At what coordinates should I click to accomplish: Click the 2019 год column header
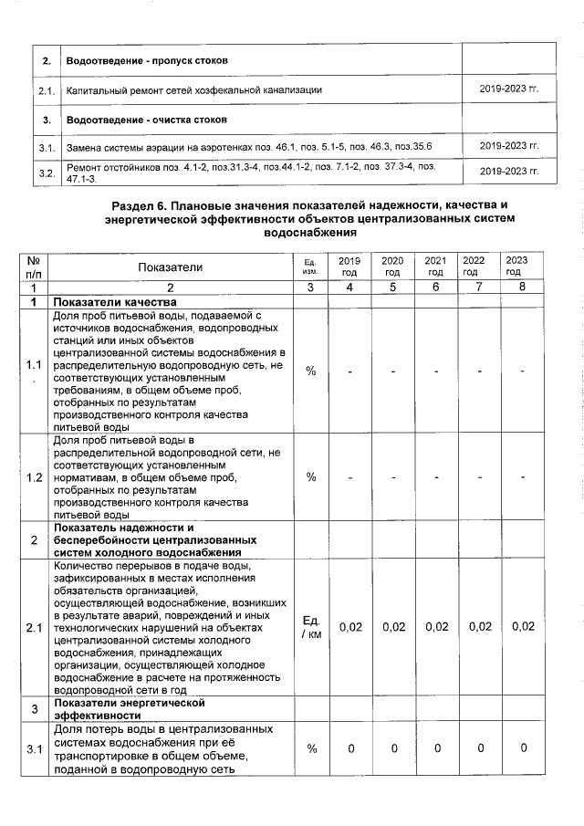349,267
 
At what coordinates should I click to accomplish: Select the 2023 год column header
516,267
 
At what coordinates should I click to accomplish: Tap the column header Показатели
171,267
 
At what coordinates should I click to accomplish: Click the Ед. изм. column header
310,267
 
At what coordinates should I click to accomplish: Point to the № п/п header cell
34,267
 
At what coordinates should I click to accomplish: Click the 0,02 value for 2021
436,627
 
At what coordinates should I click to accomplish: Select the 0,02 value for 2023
524,627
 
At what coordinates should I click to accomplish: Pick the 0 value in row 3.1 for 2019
350,748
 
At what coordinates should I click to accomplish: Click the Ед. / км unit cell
310,627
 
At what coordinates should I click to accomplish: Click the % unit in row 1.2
311,476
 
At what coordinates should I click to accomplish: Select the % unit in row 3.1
311,748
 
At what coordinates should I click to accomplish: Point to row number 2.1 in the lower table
35,627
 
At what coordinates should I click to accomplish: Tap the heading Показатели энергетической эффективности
129,709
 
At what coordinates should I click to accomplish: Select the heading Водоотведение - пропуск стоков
147,60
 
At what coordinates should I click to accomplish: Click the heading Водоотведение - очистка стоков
146,120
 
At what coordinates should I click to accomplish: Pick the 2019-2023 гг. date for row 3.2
509,171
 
